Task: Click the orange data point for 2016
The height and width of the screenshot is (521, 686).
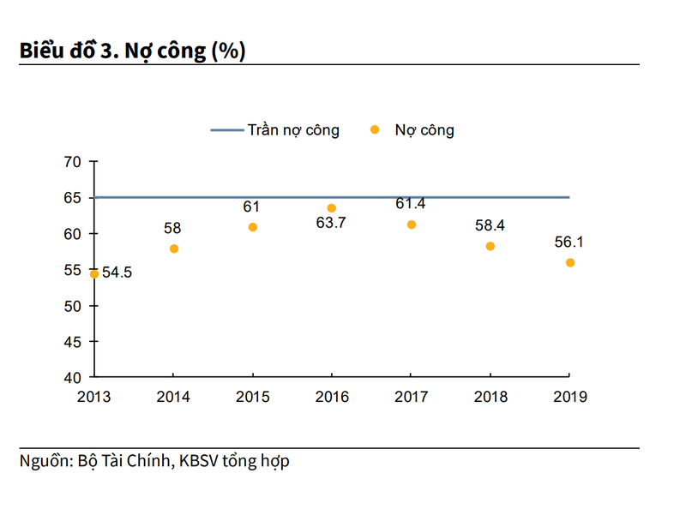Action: (x=332, y=208)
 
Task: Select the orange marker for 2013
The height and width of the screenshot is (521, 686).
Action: (x=94, y=274)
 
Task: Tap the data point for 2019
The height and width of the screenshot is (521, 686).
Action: (x=570, y=263)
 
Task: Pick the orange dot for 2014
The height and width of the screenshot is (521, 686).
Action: (x=174, y=249)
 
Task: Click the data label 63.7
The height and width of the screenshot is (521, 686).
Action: (x=333, y=225)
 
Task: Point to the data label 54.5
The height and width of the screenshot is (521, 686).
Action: (x=117, y=273)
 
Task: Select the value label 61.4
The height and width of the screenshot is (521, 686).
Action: (x=411, y=203)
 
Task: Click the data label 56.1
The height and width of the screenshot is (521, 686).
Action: (x=569, y=242)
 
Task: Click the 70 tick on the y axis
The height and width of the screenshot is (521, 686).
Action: (x=73, y=162)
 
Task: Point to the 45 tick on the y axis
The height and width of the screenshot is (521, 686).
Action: (x=73, y=342)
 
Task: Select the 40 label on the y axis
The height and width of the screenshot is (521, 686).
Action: (x=73, y=378)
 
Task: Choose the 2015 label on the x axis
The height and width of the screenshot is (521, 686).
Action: (x=253, y=397)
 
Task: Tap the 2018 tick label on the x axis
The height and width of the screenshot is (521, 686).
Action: (x=490, y=397)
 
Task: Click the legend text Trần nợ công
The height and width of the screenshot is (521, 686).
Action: (x=293, y=130)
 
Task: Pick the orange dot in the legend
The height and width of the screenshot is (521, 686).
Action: (x=375, y=129)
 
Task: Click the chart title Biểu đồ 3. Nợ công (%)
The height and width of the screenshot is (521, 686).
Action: (x=132, y=51)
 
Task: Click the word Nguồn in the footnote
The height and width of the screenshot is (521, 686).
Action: (x=44, y=461)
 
